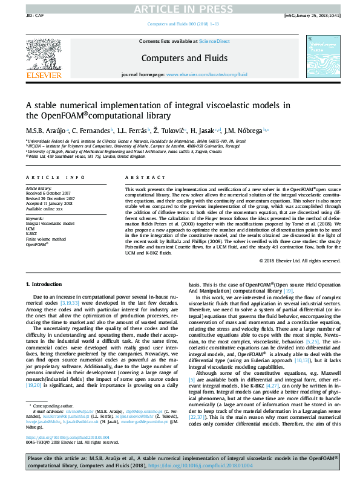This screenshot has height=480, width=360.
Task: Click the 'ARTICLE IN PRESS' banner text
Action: [x=179, y=8]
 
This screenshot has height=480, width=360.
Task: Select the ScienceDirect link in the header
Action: [x=215, y=41]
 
